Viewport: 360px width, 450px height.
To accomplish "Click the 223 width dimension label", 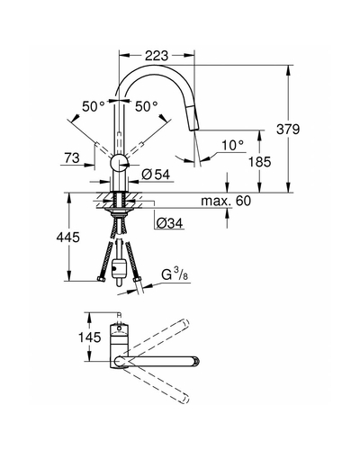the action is click(157, 56).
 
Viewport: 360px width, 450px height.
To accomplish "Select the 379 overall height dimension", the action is click(288, 130).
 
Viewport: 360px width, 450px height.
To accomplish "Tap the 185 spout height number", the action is click(260, 162).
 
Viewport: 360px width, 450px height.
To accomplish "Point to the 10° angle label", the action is click(232, 146).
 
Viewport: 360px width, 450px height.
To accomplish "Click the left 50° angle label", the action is click(94, 106).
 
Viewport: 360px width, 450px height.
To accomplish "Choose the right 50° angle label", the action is click(146, 106).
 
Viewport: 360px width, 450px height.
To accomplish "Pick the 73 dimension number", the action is click(72, 157).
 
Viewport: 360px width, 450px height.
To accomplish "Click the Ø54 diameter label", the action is click(156, 175).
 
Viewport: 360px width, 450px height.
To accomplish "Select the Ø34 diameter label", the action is click(169, 223).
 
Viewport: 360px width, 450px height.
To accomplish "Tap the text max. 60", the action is click(226, 201).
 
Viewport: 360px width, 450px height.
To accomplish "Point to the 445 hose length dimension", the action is click(68, 238).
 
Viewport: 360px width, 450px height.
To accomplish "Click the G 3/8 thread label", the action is click(175, 275).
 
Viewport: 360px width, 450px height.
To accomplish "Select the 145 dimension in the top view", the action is click(90, 337).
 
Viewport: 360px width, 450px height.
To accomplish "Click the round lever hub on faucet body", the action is click(120, 163).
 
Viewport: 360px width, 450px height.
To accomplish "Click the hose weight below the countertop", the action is click(120, 267).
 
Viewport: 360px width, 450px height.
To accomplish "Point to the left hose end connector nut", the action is click(101, 280).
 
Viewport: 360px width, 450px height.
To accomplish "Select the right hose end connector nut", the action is click(137, 280).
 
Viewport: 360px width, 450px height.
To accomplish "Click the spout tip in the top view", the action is click(196, 361).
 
